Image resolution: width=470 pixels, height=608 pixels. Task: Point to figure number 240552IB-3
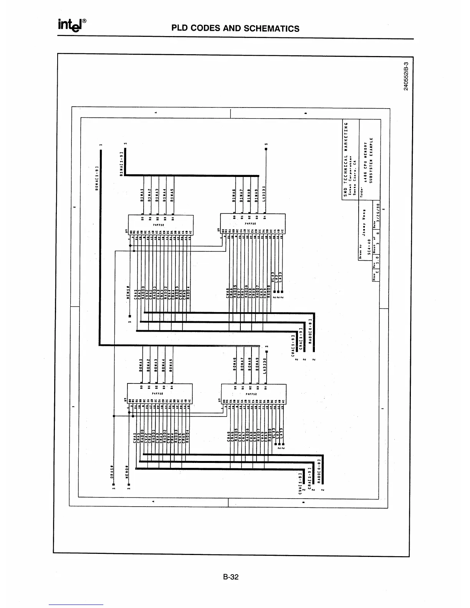[x=406, y=76]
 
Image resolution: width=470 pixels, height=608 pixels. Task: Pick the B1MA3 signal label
[x=157, y=195]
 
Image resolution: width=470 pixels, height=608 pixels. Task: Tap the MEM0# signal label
[x=127, y=472]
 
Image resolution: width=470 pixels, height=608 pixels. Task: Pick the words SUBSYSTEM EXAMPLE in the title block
[x=371, y=165]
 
